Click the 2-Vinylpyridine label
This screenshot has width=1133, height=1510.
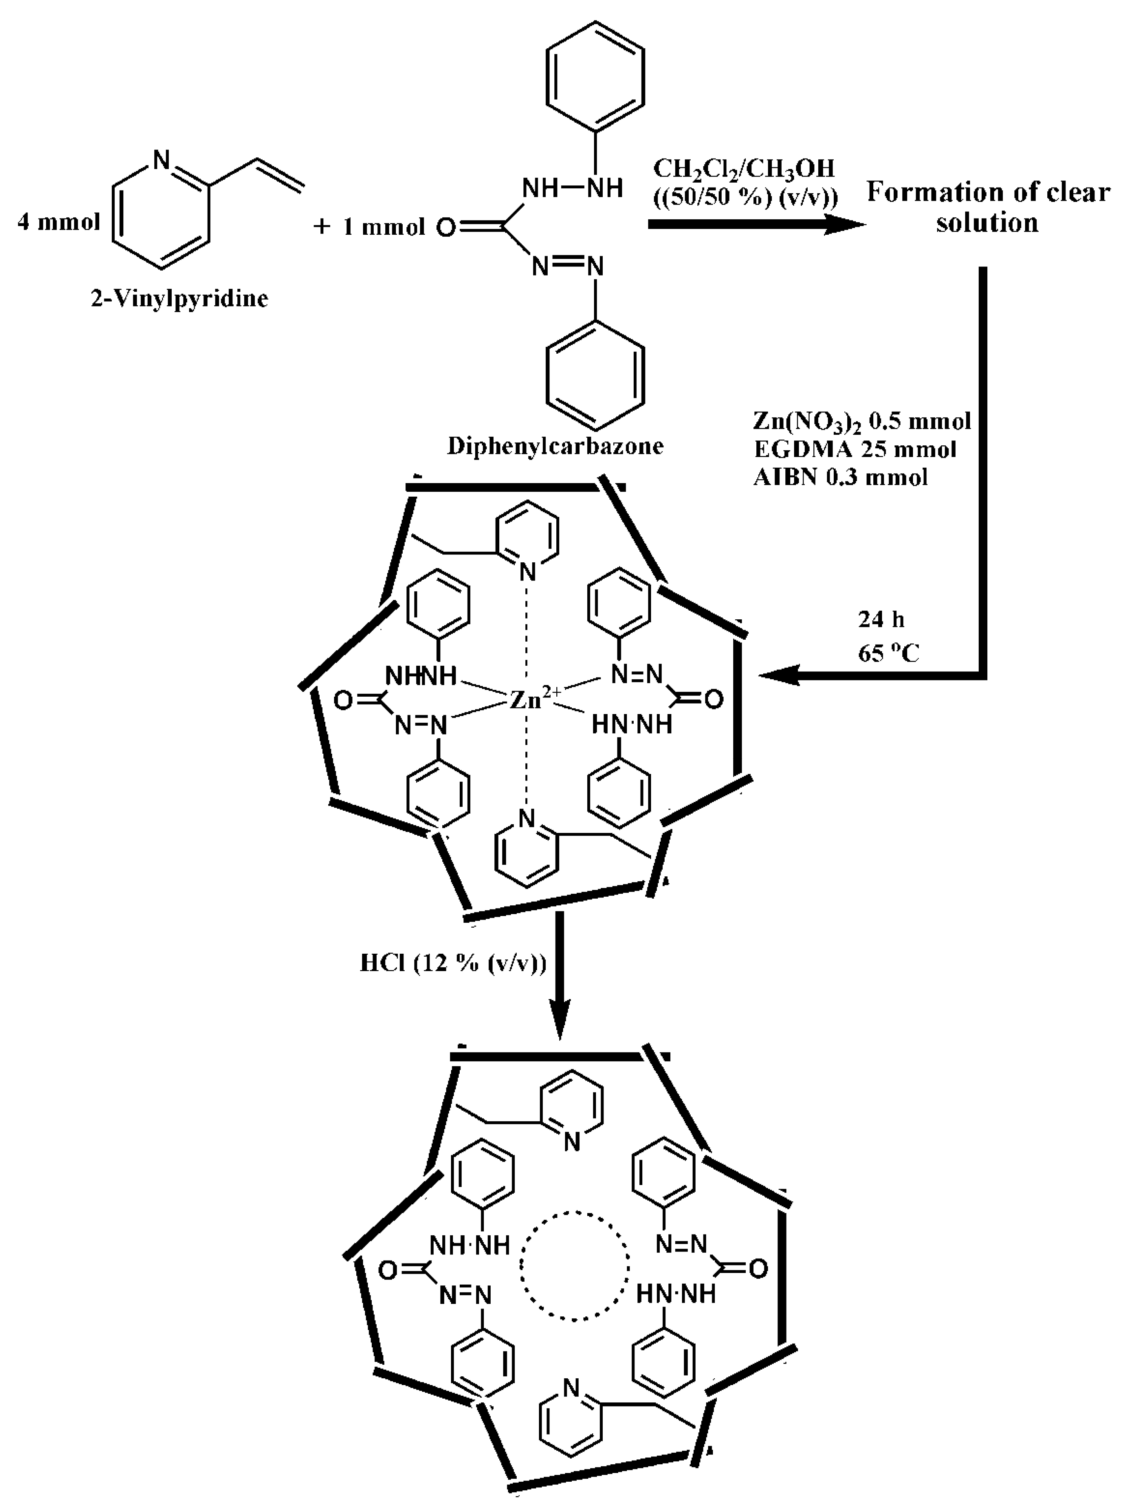click(x=180, y=298)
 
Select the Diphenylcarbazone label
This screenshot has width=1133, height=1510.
click(x=555, y=446)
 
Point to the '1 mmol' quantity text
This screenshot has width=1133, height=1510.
click(x=383, y=227)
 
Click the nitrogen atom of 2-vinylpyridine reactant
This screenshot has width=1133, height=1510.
click(x=161, y=160)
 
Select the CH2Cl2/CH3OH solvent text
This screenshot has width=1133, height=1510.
click(x=744, y=168)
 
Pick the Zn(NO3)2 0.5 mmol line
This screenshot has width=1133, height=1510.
click(x=861, y=421)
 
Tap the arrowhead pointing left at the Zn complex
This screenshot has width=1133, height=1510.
click(x=778, y=675)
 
